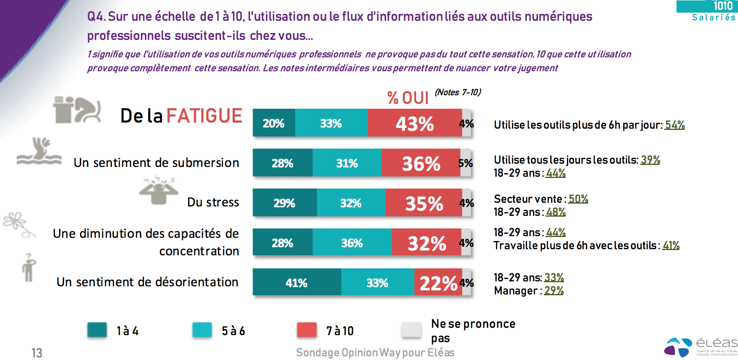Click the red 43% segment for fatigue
pos(415,123)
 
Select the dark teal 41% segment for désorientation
pos(297,282)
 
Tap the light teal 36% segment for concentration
pos(352,242)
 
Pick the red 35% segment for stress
pos(424,203)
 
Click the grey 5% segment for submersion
pos(466,163)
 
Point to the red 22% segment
pos(438,282)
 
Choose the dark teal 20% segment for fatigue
pos(274,123)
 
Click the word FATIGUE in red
pos(204,116)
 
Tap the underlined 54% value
pos(674,125)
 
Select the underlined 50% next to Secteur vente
pos(578,199)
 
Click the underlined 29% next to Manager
pos(553,291)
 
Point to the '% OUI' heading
pos(408,98)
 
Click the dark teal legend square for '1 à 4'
pos(97,330)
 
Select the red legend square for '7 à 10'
pos(307,330)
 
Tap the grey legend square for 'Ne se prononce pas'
pos(411,330)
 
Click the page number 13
pos(37,353)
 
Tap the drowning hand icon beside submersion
pos(40,151)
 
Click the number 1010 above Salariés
pos(723,6)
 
